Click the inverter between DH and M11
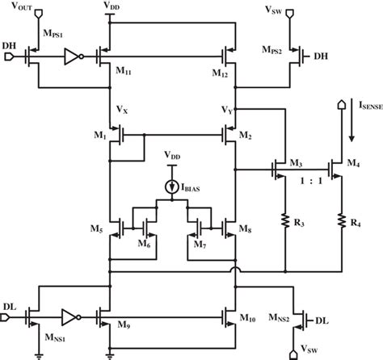point(71,57)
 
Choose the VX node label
point(122,106)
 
